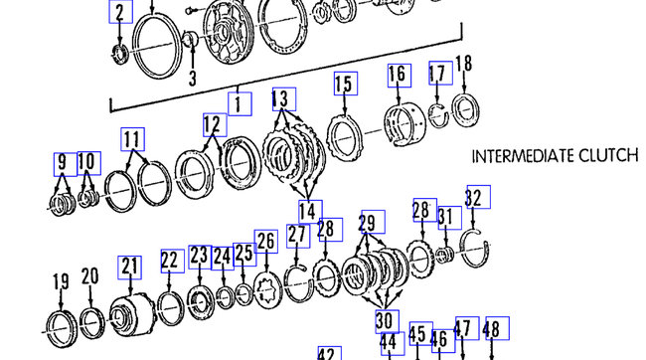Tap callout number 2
click(119, 13)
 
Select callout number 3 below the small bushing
click(193, 78)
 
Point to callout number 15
click(345, 84)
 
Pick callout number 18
click(464, 65)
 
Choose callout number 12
click(215, 124)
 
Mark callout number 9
click(62, 162)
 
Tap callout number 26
click(266, 242)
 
